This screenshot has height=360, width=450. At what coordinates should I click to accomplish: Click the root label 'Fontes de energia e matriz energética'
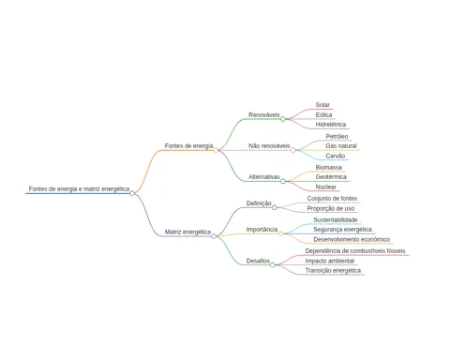[79, 189]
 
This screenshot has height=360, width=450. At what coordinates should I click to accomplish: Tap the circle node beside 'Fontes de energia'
[216, 150]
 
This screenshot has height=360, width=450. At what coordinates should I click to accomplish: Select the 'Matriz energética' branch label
[187, 232]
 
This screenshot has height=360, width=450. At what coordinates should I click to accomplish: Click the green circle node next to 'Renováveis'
[283, 119]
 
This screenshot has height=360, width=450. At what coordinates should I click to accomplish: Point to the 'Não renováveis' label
[269, 146]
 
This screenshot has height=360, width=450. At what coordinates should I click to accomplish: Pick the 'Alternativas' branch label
[264, 177]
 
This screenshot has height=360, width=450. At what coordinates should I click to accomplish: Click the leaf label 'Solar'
[322, 105]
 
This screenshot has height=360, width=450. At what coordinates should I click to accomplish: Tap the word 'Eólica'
[323, 115]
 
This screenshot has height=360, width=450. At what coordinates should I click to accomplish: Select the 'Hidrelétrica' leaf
[331, 125]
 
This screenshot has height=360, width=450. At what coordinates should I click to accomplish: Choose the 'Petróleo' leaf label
[337, 137]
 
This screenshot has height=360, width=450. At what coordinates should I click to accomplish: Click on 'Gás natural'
[341, 146]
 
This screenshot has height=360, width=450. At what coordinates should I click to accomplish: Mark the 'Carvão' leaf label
[336, 156]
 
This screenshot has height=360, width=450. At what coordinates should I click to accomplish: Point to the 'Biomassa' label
[328, 168]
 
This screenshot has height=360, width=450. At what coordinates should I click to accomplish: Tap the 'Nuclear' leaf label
[325, 187]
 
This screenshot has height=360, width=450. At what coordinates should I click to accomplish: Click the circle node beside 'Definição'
[275, 207]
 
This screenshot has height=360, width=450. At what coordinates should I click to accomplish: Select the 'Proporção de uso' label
[331, 208]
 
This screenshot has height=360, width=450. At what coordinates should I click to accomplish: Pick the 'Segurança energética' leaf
[342, 230]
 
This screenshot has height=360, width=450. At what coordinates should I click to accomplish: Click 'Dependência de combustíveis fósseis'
[355, 251]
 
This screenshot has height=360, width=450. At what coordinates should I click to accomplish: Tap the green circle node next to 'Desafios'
[273, 265]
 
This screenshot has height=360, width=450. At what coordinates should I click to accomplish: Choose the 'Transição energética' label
[333, 271]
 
